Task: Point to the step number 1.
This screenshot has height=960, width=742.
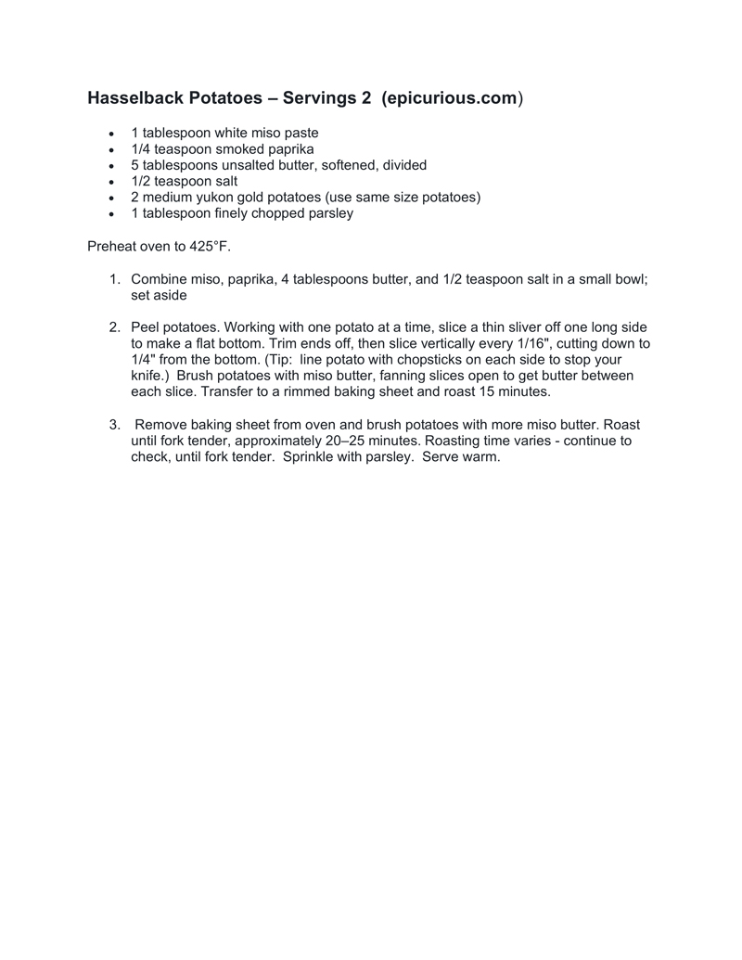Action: click(114, 279)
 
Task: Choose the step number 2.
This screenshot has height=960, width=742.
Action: click(114, 327)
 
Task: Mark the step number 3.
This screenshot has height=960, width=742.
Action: click(114, 425)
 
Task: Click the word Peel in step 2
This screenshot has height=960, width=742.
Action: click(145, 327)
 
